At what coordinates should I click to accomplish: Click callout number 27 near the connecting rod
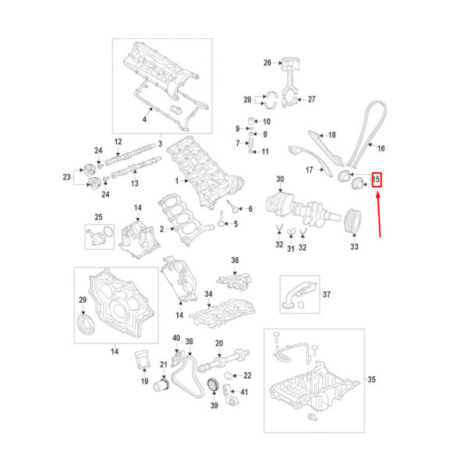tap(311, 99)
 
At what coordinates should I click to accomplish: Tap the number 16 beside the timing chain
tap(381, 148)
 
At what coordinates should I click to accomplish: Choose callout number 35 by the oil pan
tap(371, 380)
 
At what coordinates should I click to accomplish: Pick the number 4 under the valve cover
tap(144, 119)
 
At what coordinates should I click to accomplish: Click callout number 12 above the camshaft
tap(119, 141)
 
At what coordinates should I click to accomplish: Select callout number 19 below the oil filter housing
tap(144, 382)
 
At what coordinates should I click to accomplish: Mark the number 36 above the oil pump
tap(234, 260)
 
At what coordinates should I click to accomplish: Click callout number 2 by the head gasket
tap(162, 229)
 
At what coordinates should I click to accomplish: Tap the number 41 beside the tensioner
tap(245, 392)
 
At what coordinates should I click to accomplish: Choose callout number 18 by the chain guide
tap(331, 134)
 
